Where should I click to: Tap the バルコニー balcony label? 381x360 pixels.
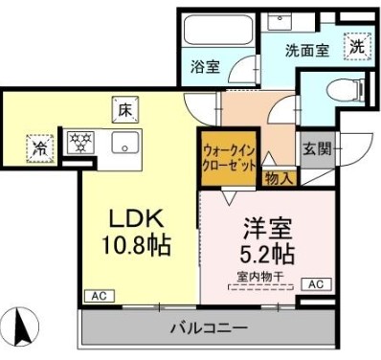209,327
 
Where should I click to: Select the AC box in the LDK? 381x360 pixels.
100,296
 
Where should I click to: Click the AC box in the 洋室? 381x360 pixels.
316,283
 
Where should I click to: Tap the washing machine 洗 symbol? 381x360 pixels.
357,47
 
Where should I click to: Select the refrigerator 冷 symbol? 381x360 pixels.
40,148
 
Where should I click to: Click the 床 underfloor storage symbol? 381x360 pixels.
125,109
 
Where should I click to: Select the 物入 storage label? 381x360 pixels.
279,178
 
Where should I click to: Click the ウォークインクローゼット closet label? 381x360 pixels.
229,157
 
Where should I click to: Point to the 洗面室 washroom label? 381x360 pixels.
307,51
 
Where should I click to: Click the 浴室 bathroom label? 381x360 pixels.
205,67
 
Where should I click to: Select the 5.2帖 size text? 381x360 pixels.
267,254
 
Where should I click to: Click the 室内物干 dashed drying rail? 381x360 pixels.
260,287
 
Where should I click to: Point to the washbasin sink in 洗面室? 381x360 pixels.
280,22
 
